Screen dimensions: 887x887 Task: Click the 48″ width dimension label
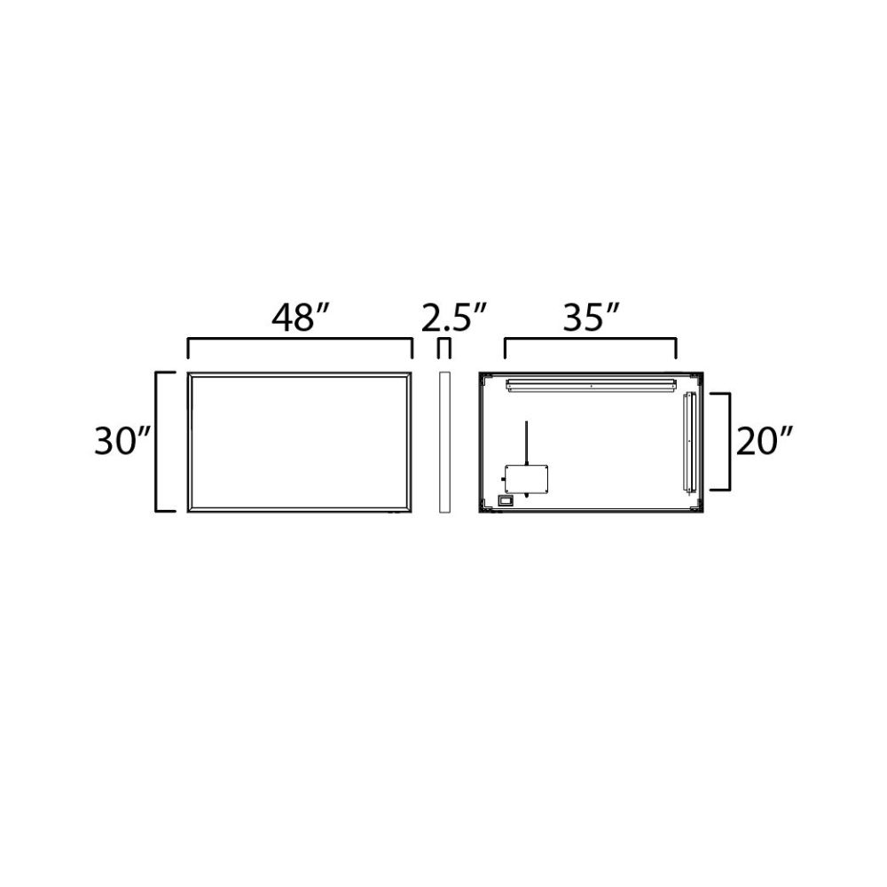click(x=300, y=318)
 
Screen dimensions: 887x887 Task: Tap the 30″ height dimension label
click(x=122, y=441)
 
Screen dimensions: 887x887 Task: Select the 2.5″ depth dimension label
click(x=453, y=318)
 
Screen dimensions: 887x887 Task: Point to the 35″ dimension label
click(x=592, y=318)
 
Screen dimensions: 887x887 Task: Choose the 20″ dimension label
click(x=764, y=441)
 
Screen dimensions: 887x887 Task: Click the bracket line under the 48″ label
click(x=300, y=340)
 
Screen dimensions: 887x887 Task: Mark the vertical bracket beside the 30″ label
click(x=157, y=442)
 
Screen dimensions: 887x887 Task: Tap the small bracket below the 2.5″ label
click(x=444, y=348)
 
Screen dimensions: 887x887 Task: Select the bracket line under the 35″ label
click(x=590, y=340)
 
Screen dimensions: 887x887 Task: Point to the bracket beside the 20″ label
click(x=729, y=441)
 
